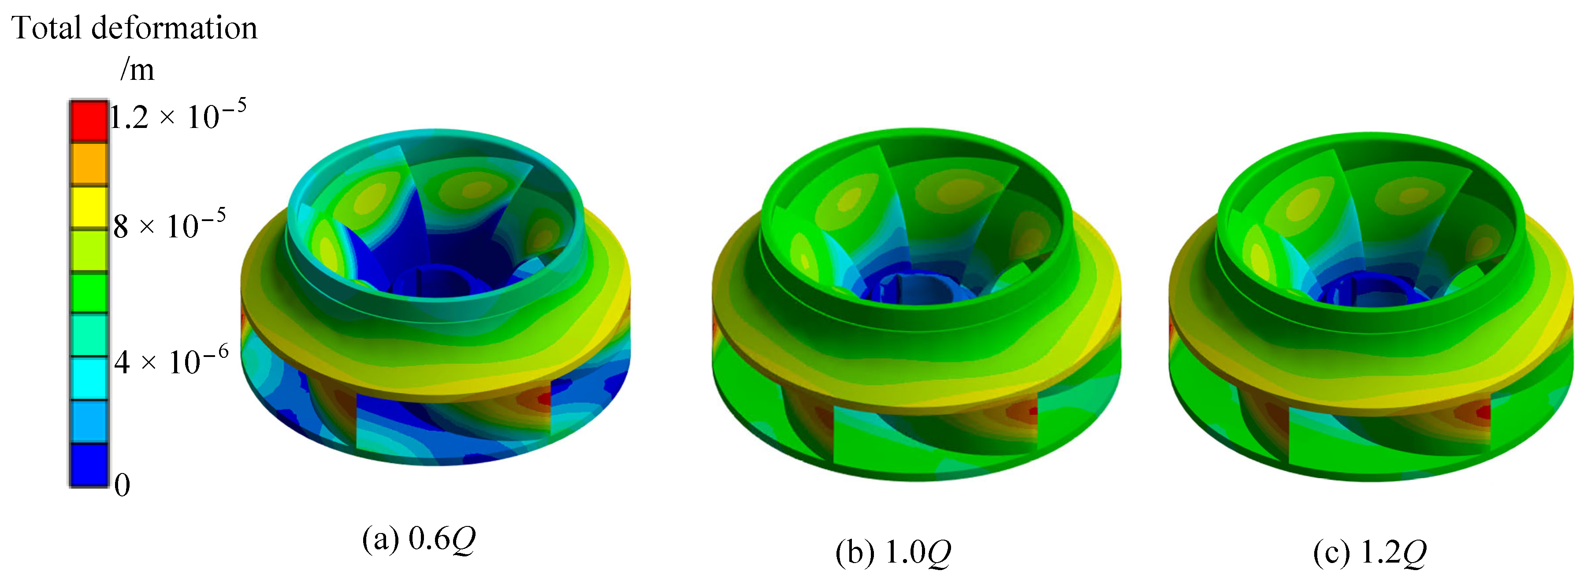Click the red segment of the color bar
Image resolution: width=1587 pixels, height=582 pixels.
point(88,121)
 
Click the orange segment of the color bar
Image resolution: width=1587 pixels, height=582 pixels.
point(88,164)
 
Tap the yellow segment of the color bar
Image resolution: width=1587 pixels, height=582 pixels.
point(88,207)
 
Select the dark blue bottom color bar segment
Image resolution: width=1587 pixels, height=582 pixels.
point(88,465)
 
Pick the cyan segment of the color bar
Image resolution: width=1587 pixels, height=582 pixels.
point(88,379)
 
